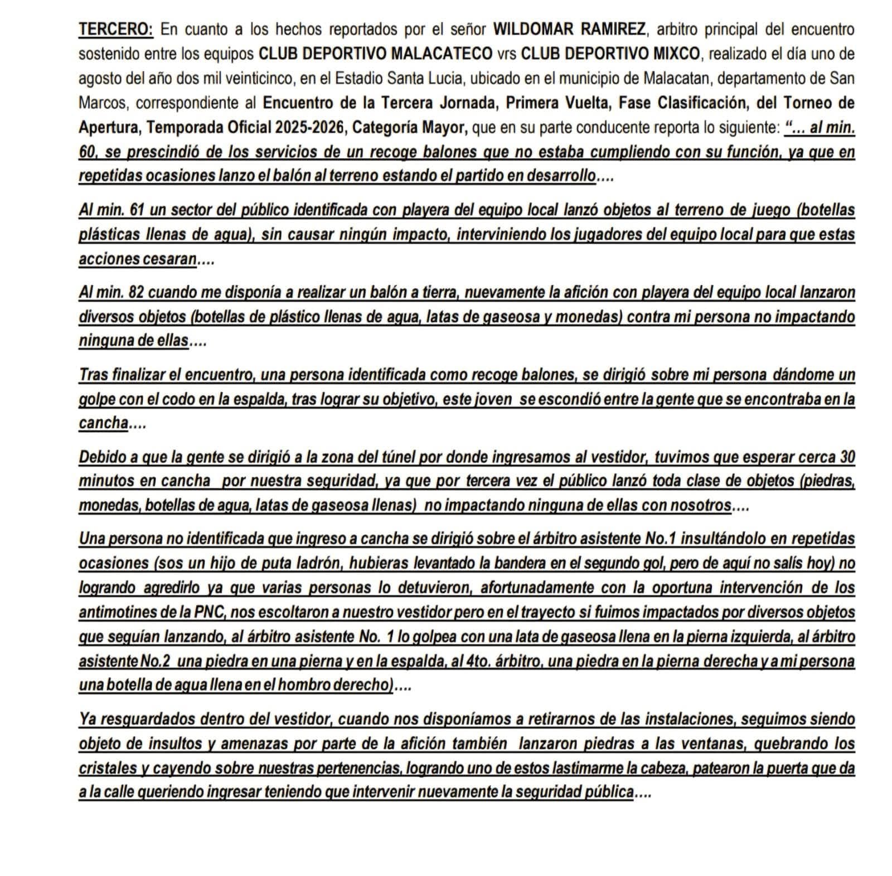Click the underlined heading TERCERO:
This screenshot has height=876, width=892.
point(116,29)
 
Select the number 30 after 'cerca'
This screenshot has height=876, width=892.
point(847,457)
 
